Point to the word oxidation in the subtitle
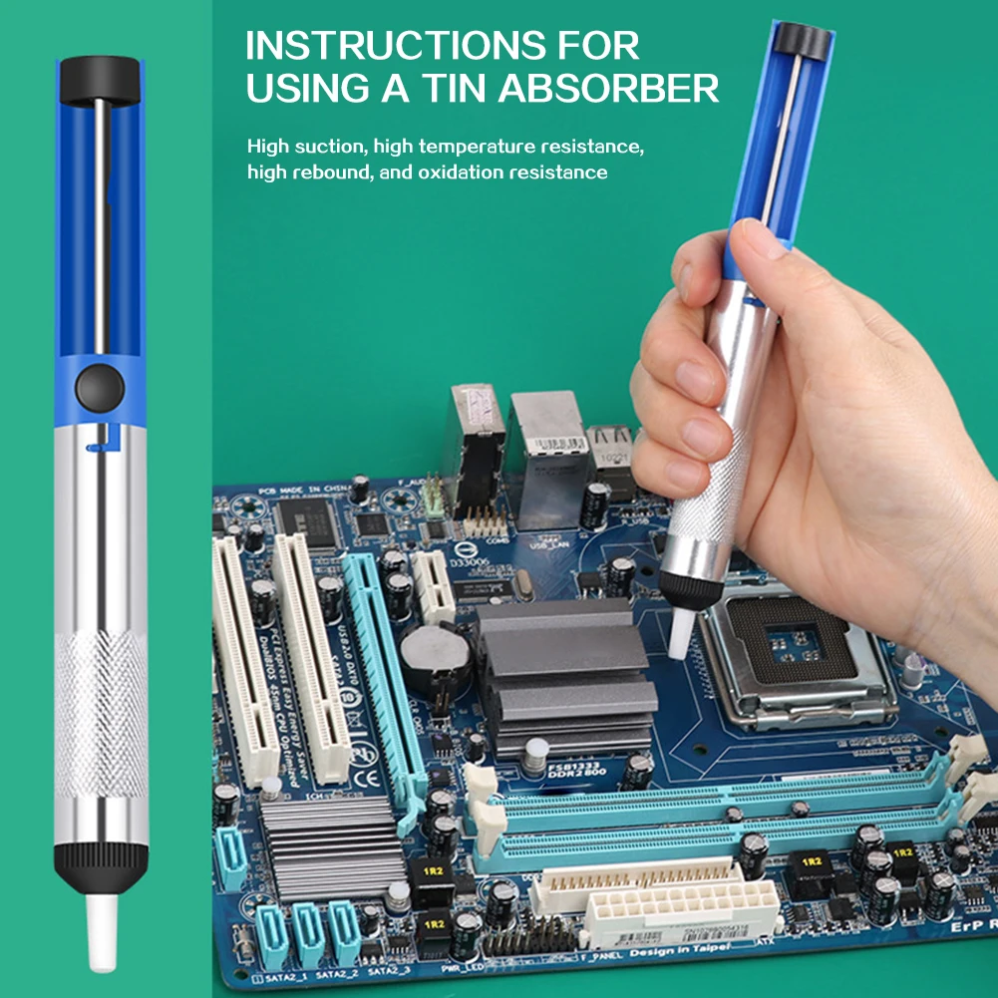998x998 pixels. click(459, 172)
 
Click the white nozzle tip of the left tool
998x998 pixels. click(101, 932)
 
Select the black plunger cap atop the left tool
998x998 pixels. click(100, 80)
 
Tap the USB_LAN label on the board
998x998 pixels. click(549, 546)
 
